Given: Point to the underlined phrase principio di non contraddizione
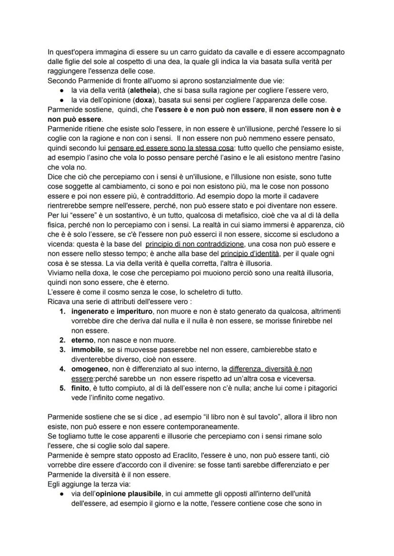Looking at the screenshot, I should (195, 244).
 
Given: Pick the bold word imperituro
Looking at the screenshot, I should (134, 311).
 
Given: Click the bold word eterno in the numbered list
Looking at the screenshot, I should (82, 340).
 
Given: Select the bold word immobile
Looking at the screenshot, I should (87, 350).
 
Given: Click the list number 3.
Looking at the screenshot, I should (62, 350).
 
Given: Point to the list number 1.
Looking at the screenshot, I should (62, 311).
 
